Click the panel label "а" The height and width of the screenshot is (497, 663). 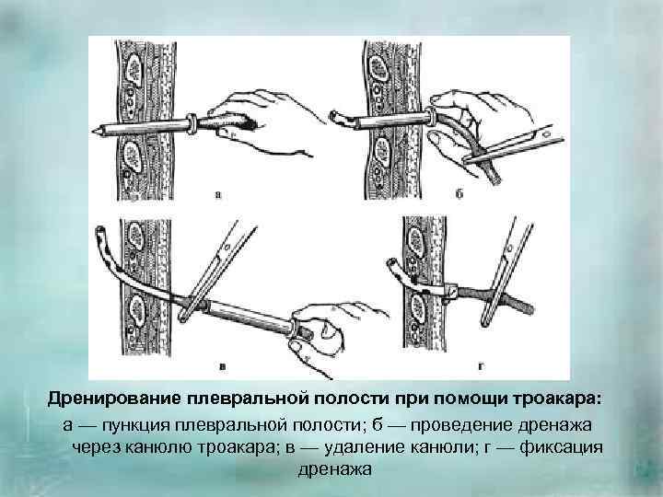pyautogui.click(x=218, y=195)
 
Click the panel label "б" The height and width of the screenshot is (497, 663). pyautogui.click(x=459, y=193)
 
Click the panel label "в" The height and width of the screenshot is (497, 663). pyautogui.click(x=223, y=367)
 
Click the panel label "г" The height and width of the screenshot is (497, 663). pyautogui.click(x=481, y=367)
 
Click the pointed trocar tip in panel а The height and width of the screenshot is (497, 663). pyautogui.click(x=94, y=130)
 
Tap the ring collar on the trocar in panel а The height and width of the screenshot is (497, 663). pyautogui.click(x=192, y=123)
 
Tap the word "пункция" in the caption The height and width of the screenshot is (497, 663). pyautogui.click(x=134, y=426)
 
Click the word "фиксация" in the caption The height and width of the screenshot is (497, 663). pyautogui.click(x=561, y=447)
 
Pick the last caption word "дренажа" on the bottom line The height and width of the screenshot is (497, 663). pyautogui.click(x=335, y=469)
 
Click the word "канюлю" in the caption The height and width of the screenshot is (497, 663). pyautogui.click(x=158, y=447)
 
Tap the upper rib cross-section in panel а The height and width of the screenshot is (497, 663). pyautogui.click(x=134, y=68)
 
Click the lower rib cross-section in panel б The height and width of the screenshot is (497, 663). pyautogui.click(x=382, y=152)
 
